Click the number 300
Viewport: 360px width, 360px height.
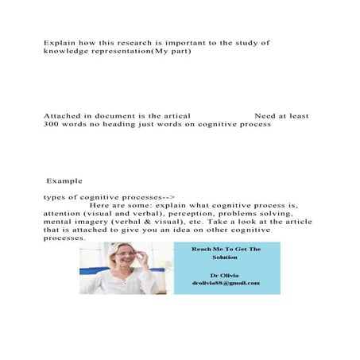click(x=54, y=125)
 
